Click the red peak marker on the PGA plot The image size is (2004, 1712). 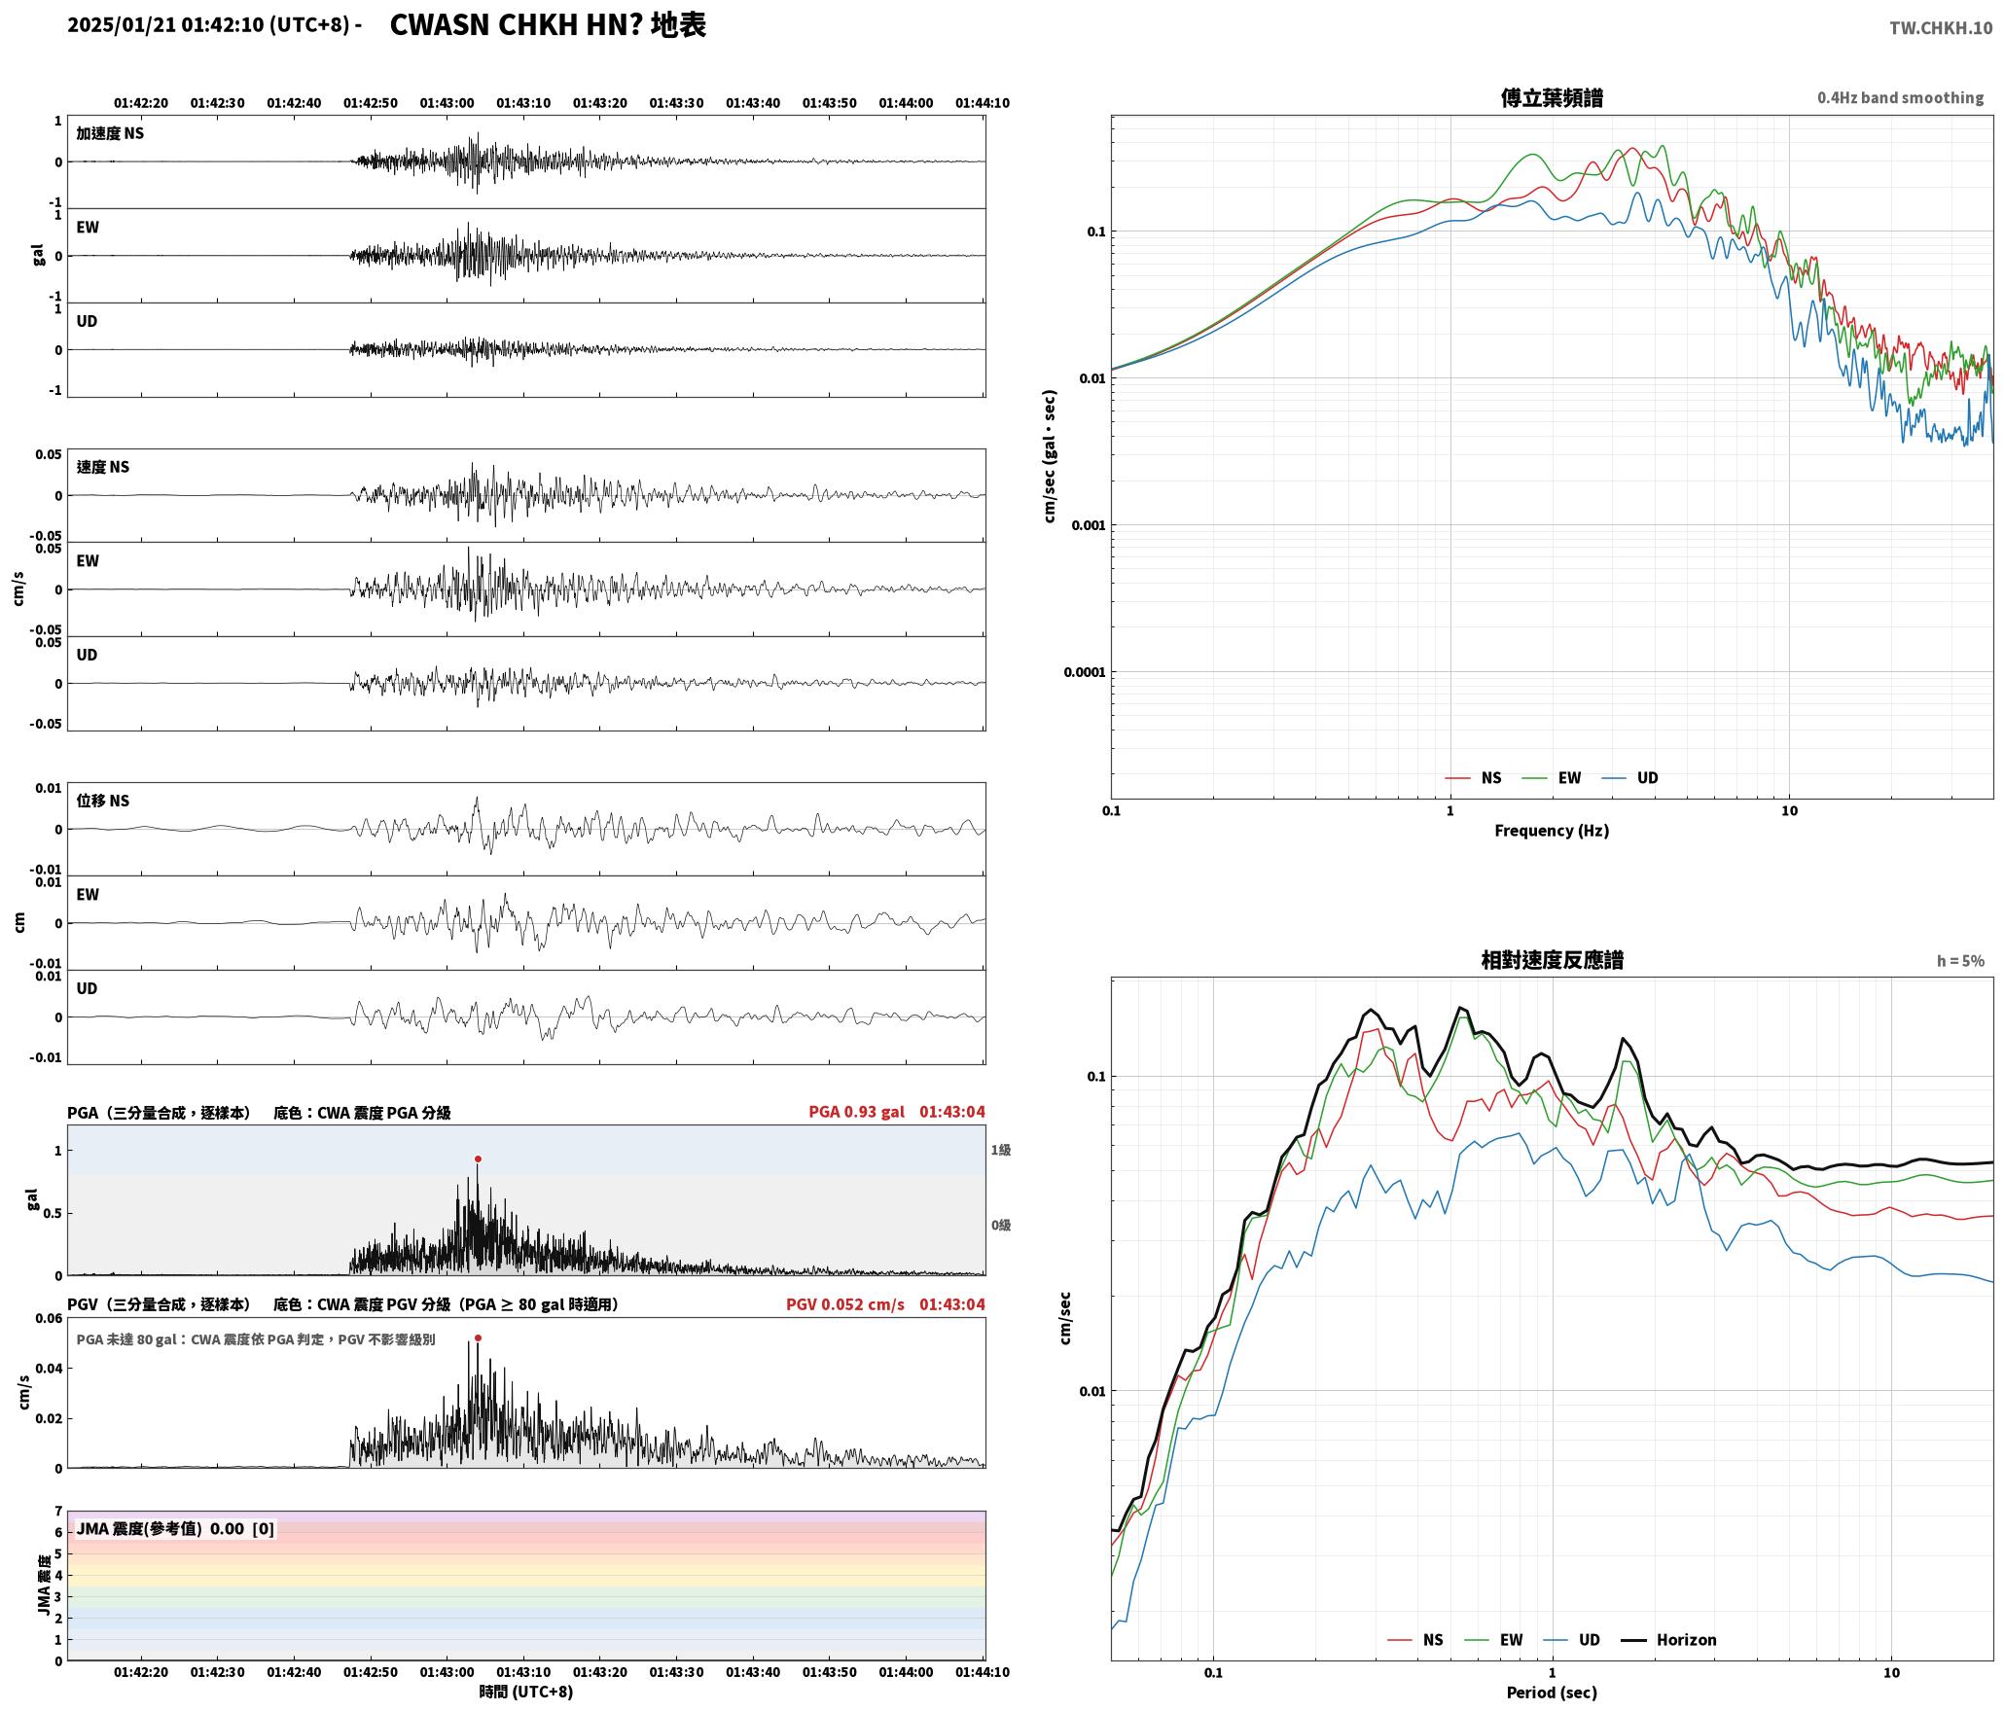(478, 1159)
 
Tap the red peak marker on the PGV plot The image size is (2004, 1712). (478, 1337)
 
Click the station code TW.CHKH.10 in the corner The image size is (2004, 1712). (1941, 28)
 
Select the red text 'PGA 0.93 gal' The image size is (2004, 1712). (856, 1111)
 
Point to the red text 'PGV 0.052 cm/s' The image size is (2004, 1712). (845, 1303)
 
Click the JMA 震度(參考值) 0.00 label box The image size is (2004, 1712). (175, 1528)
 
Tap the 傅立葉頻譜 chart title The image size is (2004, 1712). (1552, 97)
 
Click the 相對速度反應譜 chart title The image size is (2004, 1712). (1552, 959)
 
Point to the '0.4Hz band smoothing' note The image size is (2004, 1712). (1900, 97)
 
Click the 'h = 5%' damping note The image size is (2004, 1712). (1960, 960)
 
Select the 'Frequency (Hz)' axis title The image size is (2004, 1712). (1552, 830)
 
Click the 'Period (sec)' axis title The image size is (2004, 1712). (1552, 1692)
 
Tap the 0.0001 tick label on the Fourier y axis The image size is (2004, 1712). (1085, 672)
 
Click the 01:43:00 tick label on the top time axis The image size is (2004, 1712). (447, 102)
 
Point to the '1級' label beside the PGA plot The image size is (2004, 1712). (1001, 1150)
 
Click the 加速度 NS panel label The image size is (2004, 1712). (110, 133)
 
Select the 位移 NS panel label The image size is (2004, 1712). (103, 801)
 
